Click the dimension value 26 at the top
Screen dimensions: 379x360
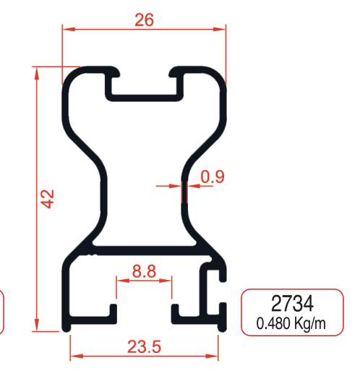(x=144, y=20)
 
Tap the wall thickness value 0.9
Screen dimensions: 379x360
(x=211, y=176)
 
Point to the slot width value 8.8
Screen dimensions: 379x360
(x=143, y=272)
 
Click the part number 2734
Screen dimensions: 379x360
(x=291, y=303)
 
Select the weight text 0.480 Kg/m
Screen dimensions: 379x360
(x=291, y=323)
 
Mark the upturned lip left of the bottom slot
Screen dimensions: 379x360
(x=113, y=312)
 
